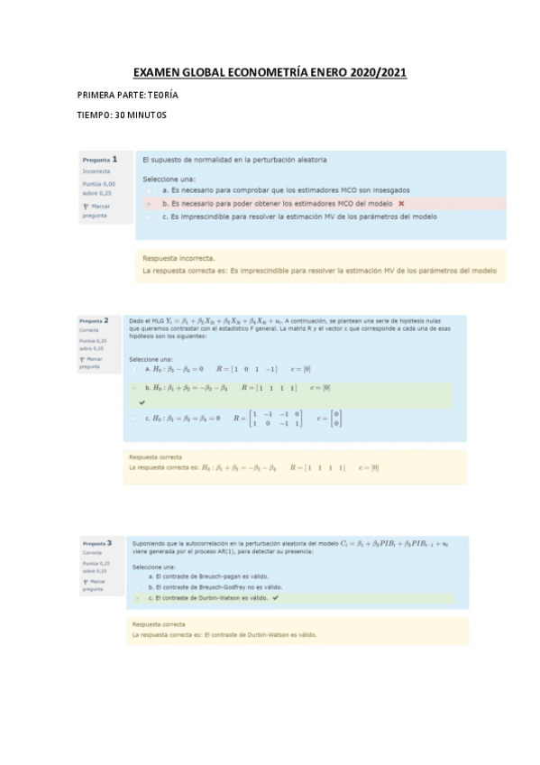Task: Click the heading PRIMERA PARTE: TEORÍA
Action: click(x=127, y=95)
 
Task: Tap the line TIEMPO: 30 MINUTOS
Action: click(x=122, y=115)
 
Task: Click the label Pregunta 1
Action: click(x=100, y=159)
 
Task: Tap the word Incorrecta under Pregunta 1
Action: click(x=96, y=171)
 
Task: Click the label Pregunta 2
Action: click(x=94, y=320)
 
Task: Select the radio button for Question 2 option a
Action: click(x=135, y=369)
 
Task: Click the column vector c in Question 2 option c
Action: click(x=335, y=419)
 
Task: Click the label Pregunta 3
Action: click(x=96, y=544)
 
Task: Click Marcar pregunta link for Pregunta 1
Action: click(x=96, y=211)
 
